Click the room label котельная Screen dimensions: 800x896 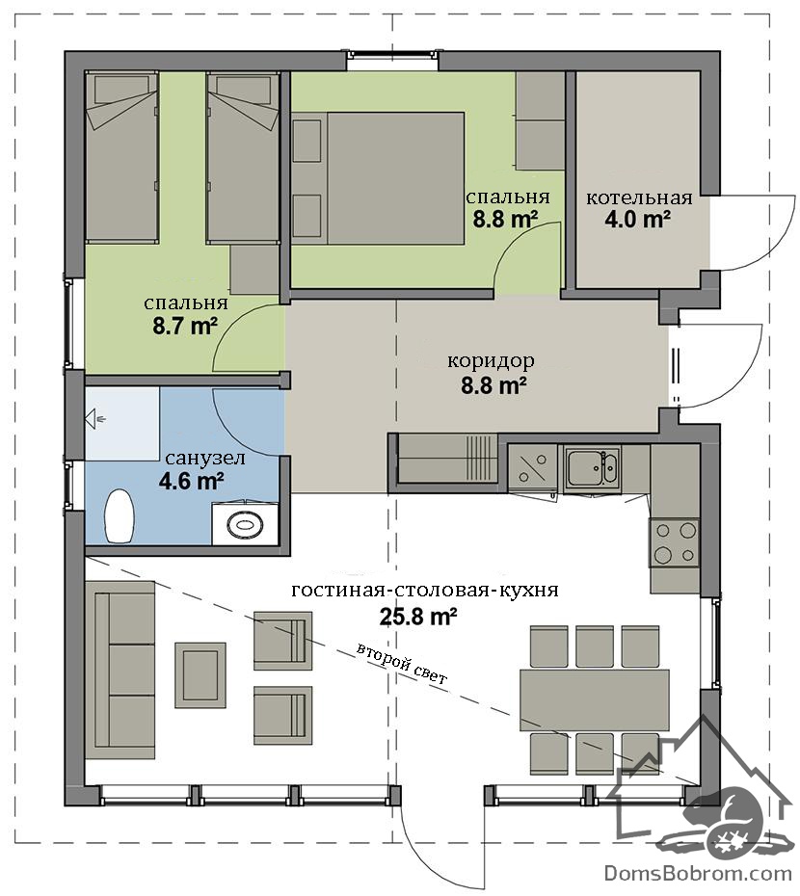pos(639,198)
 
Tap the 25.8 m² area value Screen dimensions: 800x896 pos(418,617)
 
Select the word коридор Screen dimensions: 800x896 pos(491,361)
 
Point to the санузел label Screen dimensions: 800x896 pos(205,458)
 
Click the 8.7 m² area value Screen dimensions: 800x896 pos(185,327)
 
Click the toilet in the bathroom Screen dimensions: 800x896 pos(120,514)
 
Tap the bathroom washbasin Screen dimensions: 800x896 pos(246,523)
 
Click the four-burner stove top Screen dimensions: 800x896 pos(674,542)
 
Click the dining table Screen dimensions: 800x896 pos(594,699)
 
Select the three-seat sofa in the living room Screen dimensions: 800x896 pos(120,670)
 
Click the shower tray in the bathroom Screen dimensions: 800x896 pos(122,423)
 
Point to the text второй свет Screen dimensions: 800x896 pos(402,664)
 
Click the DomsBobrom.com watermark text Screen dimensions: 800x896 pos(698,874)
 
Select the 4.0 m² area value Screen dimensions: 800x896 pos(638,220)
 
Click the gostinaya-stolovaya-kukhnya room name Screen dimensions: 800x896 pos(425,590)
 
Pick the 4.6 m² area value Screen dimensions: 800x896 pos(191,481)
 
